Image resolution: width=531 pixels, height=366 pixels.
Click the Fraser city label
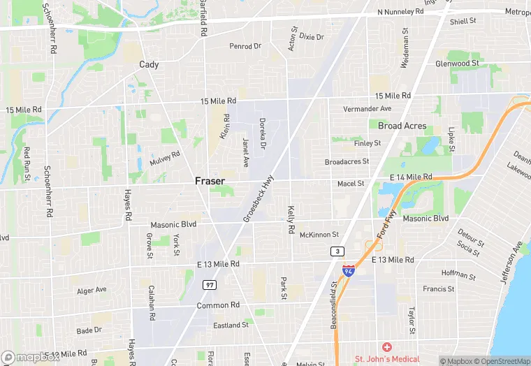(x=210, y=180)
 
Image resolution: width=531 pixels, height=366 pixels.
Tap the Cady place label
(x=149, y=64)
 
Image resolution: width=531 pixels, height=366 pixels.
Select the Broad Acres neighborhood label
(x=402, y=126)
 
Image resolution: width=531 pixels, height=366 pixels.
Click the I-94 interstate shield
(x=349, y=270)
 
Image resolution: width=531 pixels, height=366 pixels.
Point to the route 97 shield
(x=210, y=285)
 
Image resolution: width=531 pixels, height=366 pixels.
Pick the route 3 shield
(x=338, y=251)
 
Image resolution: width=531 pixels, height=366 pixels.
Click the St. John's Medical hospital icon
(x=386, y=347)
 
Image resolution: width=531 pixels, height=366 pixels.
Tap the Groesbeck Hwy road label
(x=259, y=199)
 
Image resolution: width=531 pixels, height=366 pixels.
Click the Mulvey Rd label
(x=164, y=159)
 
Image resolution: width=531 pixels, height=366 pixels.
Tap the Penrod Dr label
(x=245, y=46)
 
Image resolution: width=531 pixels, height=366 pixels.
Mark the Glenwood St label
(x=457, y=63)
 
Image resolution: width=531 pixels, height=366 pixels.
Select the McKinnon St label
(x=319, y=235)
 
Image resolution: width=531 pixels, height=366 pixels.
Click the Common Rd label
(x=218, y=305)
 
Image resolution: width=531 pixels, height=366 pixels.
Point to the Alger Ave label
(x=92, y=290)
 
